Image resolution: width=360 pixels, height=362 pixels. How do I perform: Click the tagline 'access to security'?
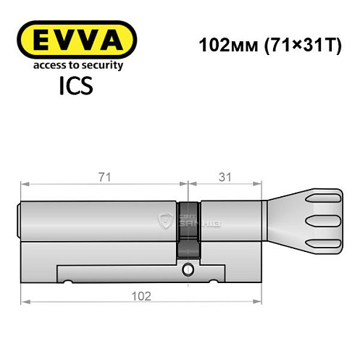[x=75, y=65]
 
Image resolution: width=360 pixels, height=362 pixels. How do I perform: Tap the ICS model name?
[x=75, y=88]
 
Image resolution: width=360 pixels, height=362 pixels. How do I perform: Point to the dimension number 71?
[x=104, y=176]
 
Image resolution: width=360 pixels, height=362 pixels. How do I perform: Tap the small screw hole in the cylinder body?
[x=188, y=271]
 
